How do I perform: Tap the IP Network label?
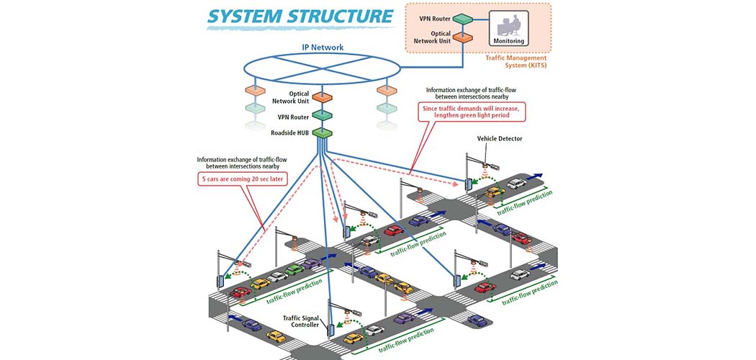(322, 48)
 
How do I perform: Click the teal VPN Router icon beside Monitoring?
(462, 18)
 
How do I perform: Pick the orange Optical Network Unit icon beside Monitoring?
(462, 37)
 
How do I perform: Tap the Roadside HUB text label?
(290, 132)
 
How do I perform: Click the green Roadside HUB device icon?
(322, 132)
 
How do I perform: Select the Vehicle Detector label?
(499, 138)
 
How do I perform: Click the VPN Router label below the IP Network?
(294, 115)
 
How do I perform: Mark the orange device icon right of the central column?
(387, 91)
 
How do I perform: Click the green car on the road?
(294, 271)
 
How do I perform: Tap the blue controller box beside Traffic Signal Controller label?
(331, 330)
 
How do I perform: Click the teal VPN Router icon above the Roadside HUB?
(322, 114)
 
